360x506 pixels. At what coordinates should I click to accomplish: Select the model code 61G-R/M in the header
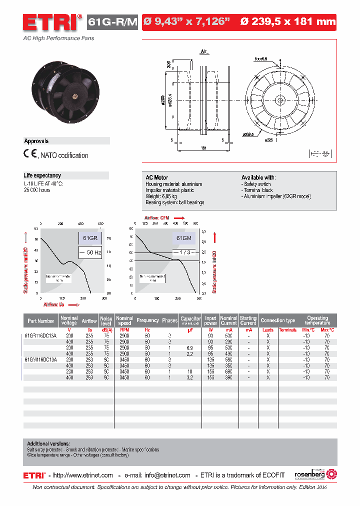(112, 22)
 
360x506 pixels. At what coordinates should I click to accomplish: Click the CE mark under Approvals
(30, 154)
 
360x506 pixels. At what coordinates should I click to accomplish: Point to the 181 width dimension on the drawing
(203, 147)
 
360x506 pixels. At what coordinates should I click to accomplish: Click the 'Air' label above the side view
(203, 51)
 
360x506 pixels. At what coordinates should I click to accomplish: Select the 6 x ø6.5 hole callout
(261, 58)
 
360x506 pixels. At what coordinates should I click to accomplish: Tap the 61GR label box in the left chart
(90, 238)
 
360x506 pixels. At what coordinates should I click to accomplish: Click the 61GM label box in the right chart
(184, 238)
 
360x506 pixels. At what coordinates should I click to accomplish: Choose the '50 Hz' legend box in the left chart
(90, 252)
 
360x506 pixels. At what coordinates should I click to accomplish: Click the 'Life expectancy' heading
(42, 175)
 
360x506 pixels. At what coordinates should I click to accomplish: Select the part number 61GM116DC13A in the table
(40, 359)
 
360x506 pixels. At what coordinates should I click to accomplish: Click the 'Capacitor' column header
(190, 320)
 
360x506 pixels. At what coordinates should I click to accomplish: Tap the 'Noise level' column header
(106, 320)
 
